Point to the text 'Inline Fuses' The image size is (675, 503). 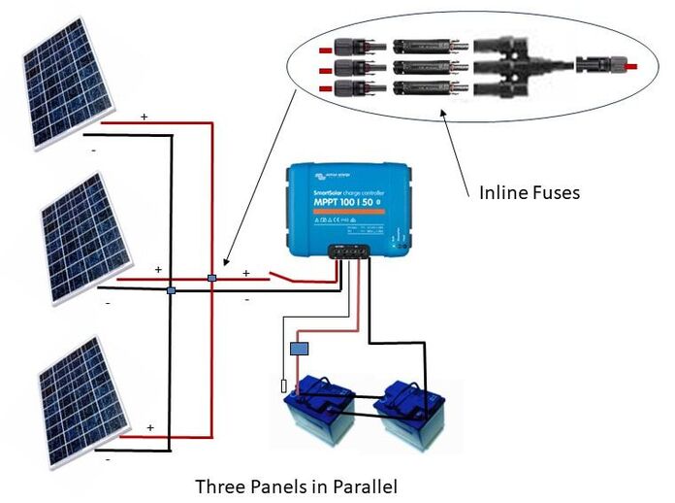coord(530,192)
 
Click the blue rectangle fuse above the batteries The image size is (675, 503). coord(300,347)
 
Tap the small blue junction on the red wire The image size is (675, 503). coord(211,280)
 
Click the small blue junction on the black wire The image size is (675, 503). coord(170,289)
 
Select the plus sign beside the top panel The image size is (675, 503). coord(145,117)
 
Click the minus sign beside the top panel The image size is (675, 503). coord(93,151)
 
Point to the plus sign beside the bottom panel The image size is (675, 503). coord(149,426)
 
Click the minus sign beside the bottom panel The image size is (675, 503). coord(107,459)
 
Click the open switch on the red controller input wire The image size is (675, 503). coord(286,279)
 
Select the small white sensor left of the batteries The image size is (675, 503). coord(283,386)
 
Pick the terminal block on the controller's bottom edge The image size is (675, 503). coord(350,250)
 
